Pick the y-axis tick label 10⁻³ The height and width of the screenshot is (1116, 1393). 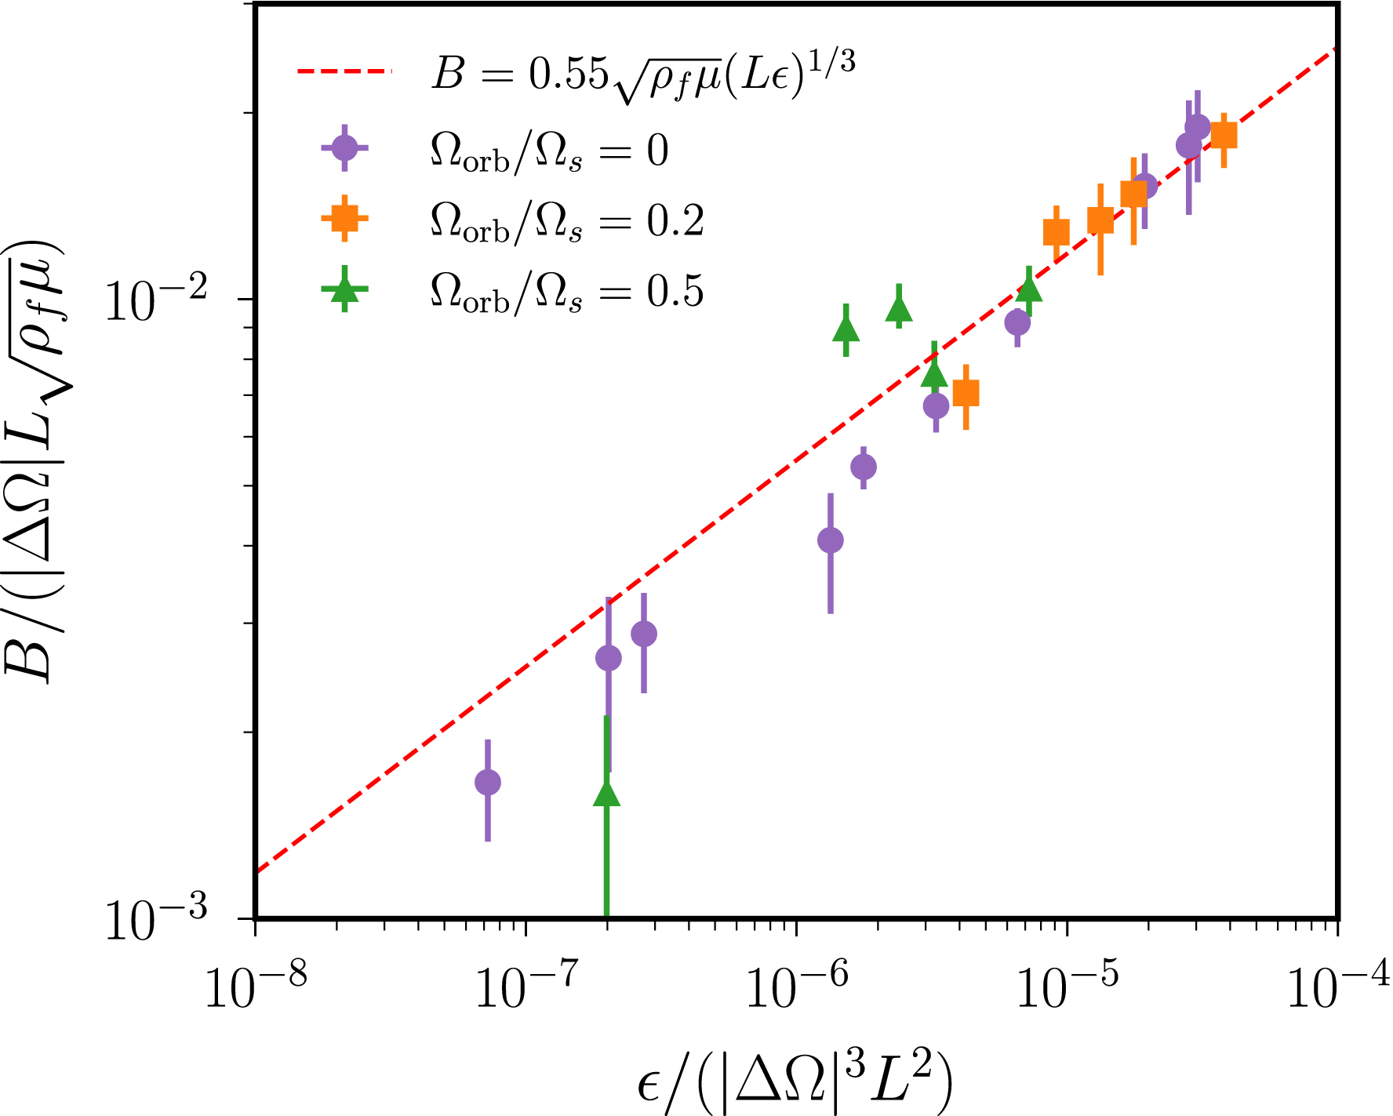click(157, 918)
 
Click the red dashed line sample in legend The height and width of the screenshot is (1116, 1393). click(344, 71)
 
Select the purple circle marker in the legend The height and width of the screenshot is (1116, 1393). click(344, 147)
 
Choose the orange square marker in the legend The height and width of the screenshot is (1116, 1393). click(344, 218)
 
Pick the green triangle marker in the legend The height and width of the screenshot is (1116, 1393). click(344, 289)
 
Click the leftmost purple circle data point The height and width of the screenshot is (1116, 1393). click(488, 782)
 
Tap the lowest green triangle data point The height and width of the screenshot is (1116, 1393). click(607, 794)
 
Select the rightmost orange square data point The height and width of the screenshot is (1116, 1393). click(1224, 136)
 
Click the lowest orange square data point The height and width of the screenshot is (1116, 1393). click(966, 393)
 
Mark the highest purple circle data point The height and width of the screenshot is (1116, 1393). click(1198, 127)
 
